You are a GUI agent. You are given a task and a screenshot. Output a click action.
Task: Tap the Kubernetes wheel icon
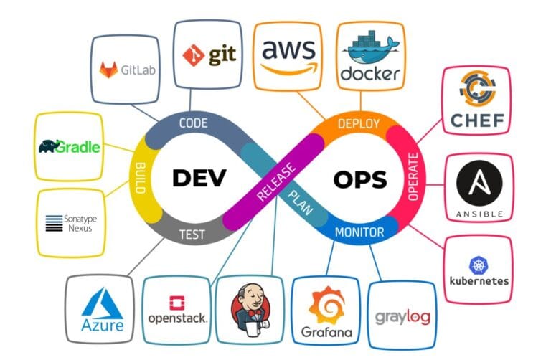coord(479,265)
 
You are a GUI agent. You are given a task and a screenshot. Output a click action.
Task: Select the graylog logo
coord(402,316)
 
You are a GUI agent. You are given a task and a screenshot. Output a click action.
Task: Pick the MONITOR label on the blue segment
coord(359,232)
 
